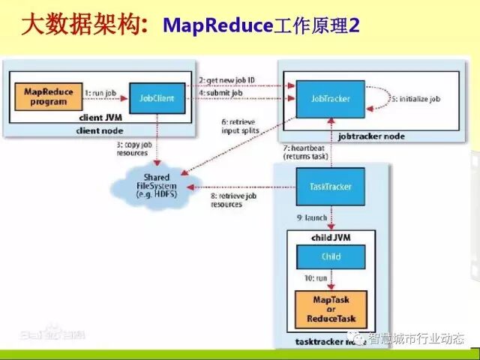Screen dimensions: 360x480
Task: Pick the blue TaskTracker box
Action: point(330,185)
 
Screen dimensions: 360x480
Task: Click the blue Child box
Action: point(331,256)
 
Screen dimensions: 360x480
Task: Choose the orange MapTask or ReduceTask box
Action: point(331,307)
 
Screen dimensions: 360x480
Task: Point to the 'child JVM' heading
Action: point(330,238)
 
